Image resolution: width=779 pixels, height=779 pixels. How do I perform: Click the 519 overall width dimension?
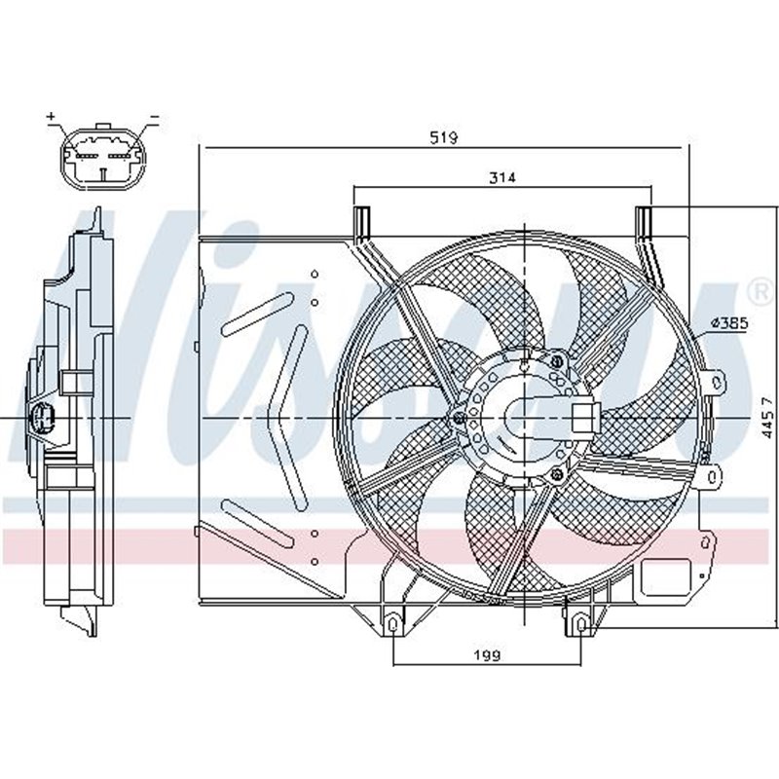click(x=444, y=138)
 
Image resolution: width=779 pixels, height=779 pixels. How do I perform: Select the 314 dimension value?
click(x=501, y=177)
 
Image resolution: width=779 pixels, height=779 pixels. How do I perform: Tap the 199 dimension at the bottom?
click(x=488, y=655)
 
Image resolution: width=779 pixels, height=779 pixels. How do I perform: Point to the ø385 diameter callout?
click(x=728, y=322)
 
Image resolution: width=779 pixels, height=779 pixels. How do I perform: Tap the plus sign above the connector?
click(x=51, y=117)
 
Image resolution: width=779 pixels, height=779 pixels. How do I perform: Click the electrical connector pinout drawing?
click(x=102, y=156)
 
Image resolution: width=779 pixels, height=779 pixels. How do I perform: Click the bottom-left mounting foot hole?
click(x=392, y=622)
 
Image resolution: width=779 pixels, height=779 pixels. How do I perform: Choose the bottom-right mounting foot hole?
click(x=581, y=622)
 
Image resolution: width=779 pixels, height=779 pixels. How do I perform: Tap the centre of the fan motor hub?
click(x=524, y=417)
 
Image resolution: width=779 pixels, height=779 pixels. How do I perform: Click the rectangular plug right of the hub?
click(x=582, y=417)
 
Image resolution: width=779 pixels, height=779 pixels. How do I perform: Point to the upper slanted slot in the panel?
click(x=250, y=315)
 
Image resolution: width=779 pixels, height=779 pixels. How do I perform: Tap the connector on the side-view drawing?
click(x=43, y=419)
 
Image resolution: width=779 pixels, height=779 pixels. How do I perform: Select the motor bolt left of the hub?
click(x=459, y=420)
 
